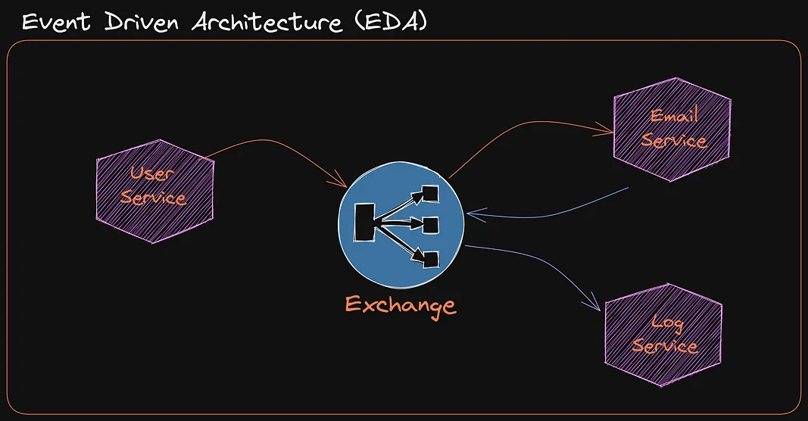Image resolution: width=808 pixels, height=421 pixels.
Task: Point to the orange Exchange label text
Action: pyautogui.click(x=401, y=305)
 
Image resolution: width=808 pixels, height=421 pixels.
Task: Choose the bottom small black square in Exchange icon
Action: pyautogui.click(x=430, y=259)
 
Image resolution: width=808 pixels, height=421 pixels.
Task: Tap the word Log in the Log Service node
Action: pyautogui.click(x=667, y=324)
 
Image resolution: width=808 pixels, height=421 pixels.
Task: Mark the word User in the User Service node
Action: pyautogui.click(x=151, y=173)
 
